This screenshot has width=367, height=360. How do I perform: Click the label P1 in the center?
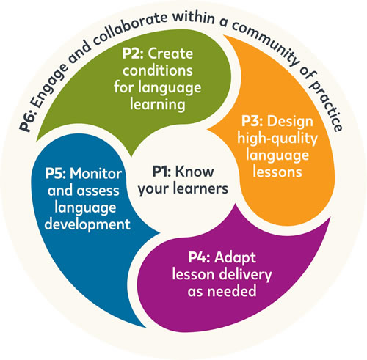click(161, 172)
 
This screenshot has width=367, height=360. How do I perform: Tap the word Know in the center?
click(195, 172)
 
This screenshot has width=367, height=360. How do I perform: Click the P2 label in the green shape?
click(133, 54)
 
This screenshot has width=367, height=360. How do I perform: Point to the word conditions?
click(158, 70)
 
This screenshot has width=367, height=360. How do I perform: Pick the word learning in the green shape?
click(158, 105)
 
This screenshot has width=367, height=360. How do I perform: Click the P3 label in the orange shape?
click(252, 121)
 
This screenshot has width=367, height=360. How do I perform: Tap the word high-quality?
click(277, 139)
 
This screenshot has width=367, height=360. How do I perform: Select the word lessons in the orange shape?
click(277, 172)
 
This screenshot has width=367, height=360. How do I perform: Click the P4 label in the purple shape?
click(199, 257)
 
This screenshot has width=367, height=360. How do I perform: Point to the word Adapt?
click(235, 258)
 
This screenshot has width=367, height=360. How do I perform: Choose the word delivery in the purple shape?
click(245, 275)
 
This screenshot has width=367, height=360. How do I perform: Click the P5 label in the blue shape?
click(56, 174)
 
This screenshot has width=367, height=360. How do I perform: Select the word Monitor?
click(96, 174)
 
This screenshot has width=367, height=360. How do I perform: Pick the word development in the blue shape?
click(87, 224)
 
